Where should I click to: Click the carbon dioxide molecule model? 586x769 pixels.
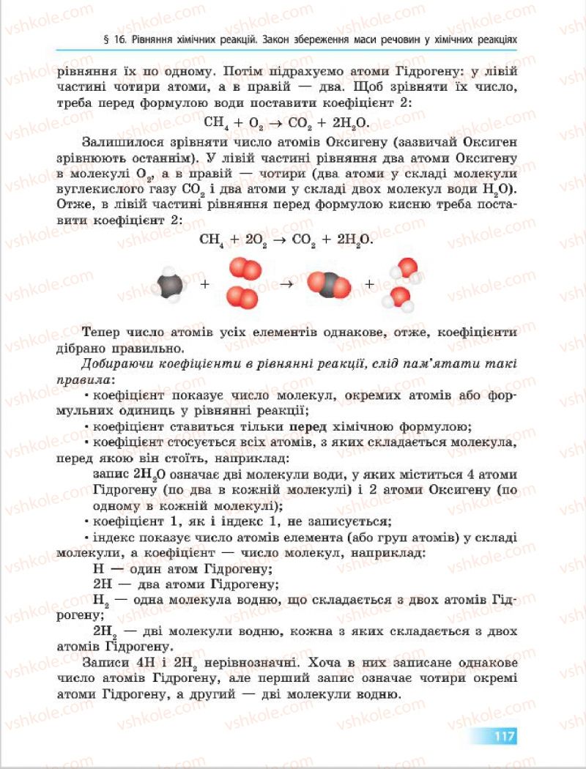click(x=328, y=284)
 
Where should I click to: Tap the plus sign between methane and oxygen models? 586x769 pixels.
click(x=205, y=284)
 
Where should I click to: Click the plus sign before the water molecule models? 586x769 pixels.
click(x=369, y=284)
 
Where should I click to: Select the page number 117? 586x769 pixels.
click(x=505, y=735)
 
